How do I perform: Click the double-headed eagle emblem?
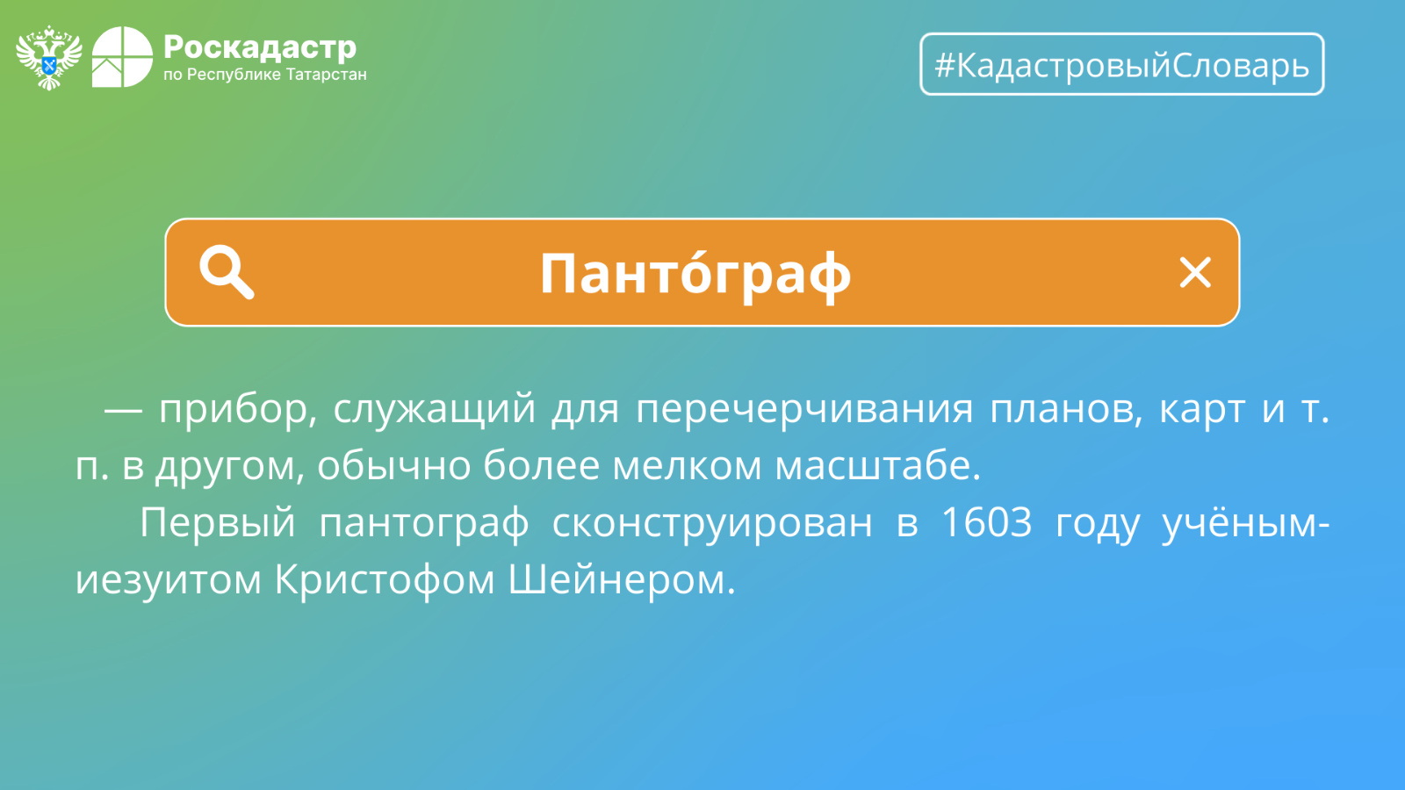pos(49,58)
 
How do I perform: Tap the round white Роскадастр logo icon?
pos(122,57)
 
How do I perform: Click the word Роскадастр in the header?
pos(260,47)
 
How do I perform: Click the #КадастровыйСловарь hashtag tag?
pos(1122,64)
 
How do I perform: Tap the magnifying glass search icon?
pos(227,272)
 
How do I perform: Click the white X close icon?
pos(1195,272)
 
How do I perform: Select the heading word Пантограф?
pos(695,273)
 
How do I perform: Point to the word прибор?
pos(234,410)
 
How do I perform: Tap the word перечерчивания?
pos(804,410)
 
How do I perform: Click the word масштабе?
pos(877,466)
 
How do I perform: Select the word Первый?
pos(217,523)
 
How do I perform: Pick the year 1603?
pos(987,521)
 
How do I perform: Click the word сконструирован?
pos(712,523)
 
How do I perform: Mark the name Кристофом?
pos(385,579)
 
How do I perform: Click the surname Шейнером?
pos(621,579)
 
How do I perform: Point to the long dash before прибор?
pos(123,412)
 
